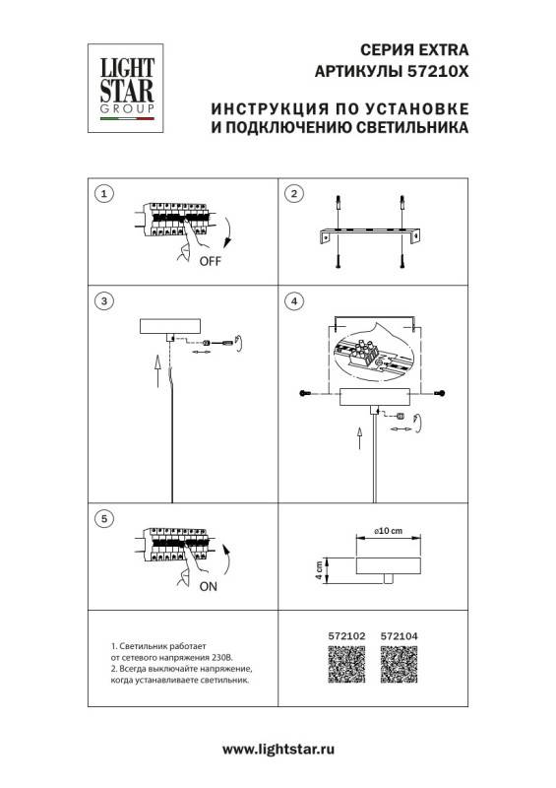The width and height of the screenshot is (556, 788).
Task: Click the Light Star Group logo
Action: point(124,85)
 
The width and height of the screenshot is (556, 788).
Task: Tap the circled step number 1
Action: point(106,193)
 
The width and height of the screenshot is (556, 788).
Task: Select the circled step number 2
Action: point(292,193)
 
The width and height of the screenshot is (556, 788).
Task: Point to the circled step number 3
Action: point(106,299)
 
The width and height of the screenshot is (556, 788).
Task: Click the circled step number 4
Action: point(292,299)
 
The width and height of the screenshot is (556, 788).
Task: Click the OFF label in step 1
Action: point(210,262)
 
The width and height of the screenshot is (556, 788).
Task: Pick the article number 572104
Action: point(399,637)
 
